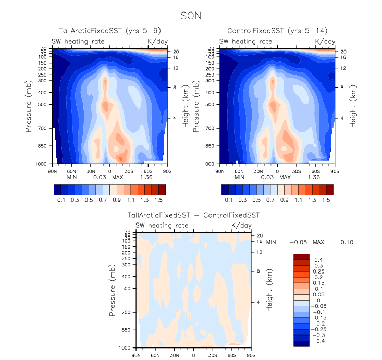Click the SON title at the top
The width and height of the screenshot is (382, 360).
pyautogui.click(x=190, y=16)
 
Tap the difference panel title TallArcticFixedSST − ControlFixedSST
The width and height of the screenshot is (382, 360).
pyautogui.click(x=193, y=215)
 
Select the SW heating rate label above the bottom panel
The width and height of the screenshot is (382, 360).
pyautogui.click(x=162, y=225)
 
